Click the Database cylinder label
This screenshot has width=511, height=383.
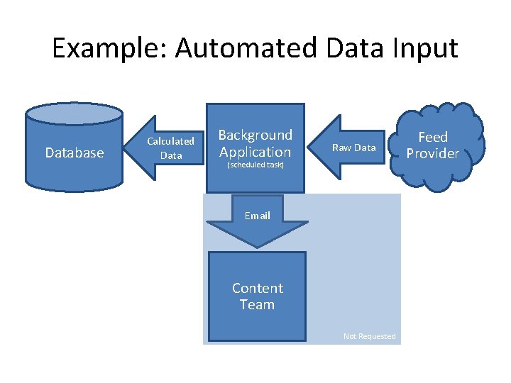74,152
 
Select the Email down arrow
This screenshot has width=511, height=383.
257,223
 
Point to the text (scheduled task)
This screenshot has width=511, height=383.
255,165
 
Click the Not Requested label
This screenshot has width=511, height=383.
369,336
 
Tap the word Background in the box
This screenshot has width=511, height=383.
255,135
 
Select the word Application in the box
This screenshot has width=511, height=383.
255,152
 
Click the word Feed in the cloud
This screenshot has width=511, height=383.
433,137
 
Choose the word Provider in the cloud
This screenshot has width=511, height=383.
433,154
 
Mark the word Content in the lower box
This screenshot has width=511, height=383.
257,288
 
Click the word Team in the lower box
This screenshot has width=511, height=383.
257,305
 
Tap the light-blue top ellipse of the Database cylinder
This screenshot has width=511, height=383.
74,113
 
